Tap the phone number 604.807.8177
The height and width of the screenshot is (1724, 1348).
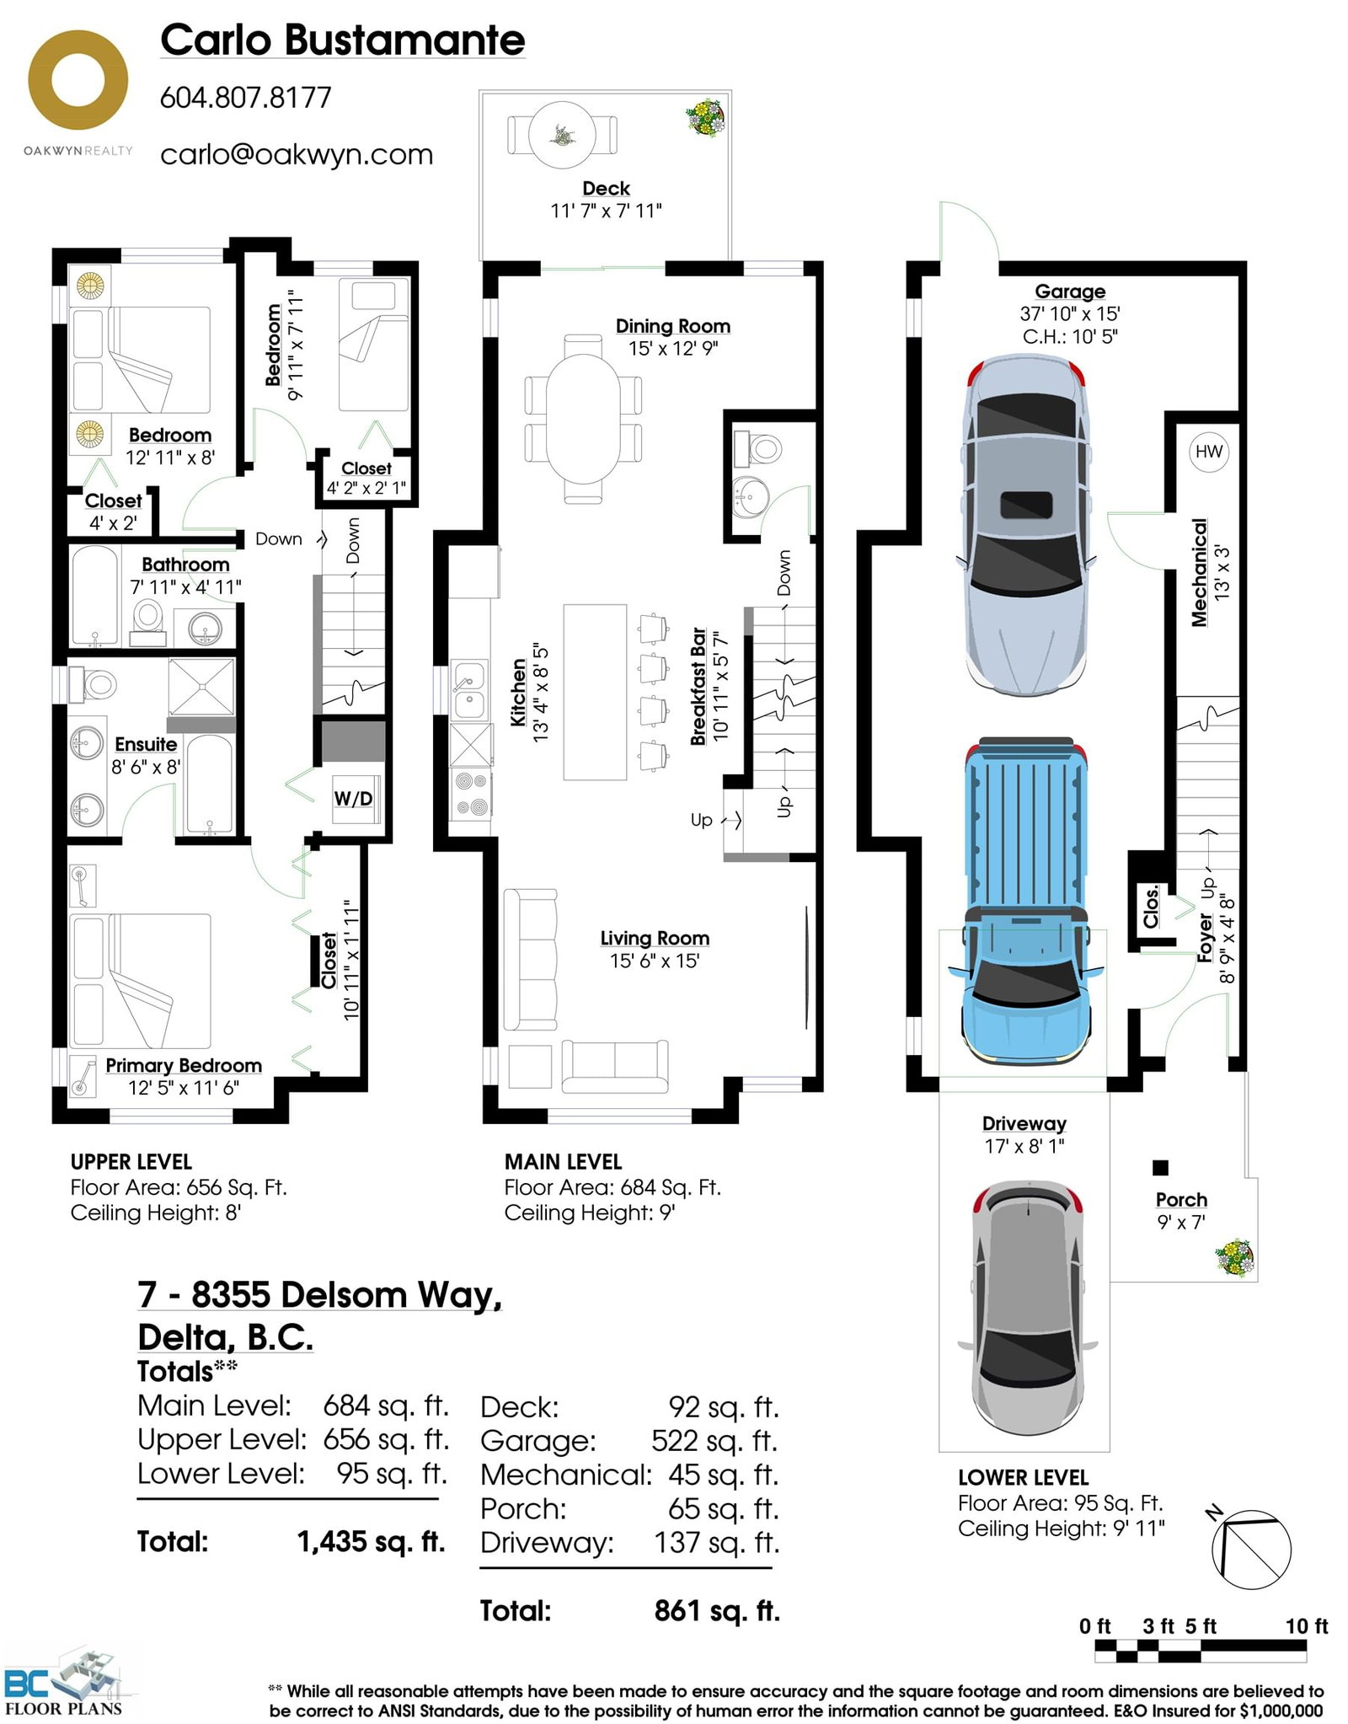[x=246, y=98]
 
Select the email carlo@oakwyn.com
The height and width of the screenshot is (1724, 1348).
[x=297, y=154]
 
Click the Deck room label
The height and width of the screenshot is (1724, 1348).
[x=606, y=188]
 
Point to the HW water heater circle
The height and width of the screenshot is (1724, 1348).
[x=1208, y=451]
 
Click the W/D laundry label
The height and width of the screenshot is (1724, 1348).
[x=353, y=797]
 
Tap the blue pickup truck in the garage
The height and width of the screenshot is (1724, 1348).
[x=1025, y=902]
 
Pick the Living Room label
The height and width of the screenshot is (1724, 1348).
[x=655, y=938]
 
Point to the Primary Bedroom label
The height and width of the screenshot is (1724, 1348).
[x=184, y=1065]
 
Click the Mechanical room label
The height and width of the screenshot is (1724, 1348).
[x=1199, y=572]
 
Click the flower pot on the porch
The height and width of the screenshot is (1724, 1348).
[x=1234, y=1258]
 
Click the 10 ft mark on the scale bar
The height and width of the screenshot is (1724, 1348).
[x=1307, y=1625]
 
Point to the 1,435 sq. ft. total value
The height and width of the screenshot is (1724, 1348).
[x=371, y=1542]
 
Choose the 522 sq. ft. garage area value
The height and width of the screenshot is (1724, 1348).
[x=714, y=1441]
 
